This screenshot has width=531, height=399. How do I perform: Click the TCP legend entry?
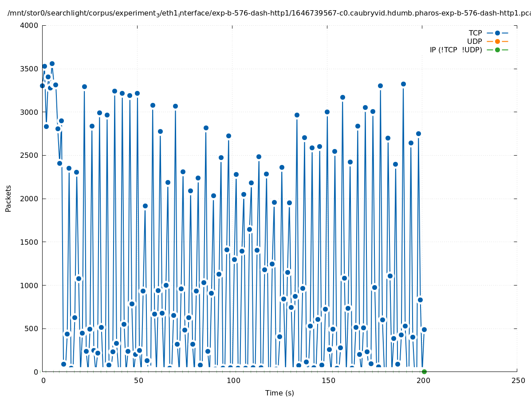[x=475, y=33]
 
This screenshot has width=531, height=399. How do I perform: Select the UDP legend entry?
[x=474, y=41]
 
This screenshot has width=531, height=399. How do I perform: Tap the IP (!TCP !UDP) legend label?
[x=456, y=50]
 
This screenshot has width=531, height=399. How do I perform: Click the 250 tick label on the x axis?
[x=517, y=381]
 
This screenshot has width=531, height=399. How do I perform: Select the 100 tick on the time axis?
[x=232, y=381]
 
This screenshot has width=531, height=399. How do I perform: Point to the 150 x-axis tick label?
[x=327, y=381]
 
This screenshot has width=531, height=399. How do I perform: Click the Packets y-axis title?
[x=8, y=198]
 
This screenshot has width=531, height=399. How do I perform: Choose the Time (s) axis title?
[x=279, y=393]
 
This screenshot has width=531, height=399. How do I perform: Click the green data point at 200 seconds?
[x=424, y=372]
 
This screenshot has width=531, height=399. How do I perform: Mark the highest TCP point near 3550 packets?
[x=52, y=63]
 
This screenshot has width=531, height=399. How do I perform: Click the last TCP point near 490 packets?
[x=424, y=329]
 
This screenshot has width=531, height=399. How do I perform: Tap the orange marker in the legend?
[x=497, y=41]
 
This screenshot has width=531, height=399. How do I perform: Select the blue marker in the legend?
[x=497, y=33]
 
